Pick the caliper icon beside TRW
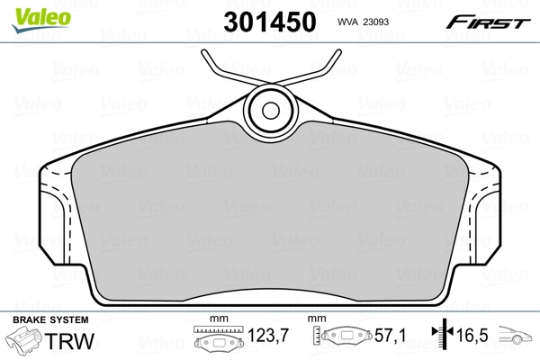[25, 343]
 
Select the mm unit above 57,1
[317, 319]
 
